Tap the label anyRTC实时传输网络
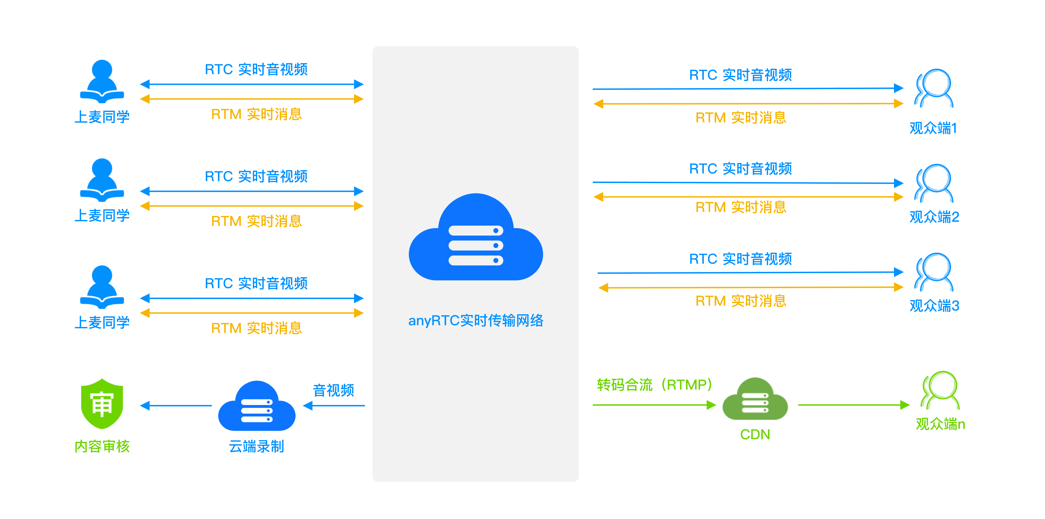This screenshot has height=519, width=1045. pos(476,321)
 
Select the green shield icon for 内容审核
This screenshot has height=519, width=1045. pos(102,404)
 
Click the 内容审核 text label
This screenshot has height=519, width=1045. pos(102,446)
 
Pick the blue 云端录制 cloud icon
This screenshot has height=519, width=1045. pos(257,406)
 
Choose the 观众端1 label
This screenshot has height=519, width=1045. pos(933,128)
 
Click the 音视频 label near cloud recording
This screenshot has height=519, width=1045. pos(333,390)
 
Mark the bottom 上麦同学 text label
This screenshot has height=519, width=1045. pos(102,323)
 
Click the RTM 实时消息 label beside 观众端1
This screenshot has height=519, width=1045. pos(741,118)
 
